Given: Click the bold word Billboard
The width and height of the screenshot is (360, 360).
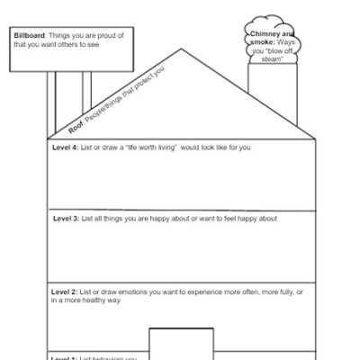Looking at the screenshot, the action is (31, 35).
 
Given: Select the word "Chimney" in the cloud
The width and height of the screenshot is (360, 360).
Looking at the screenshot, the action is (266, 32).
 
